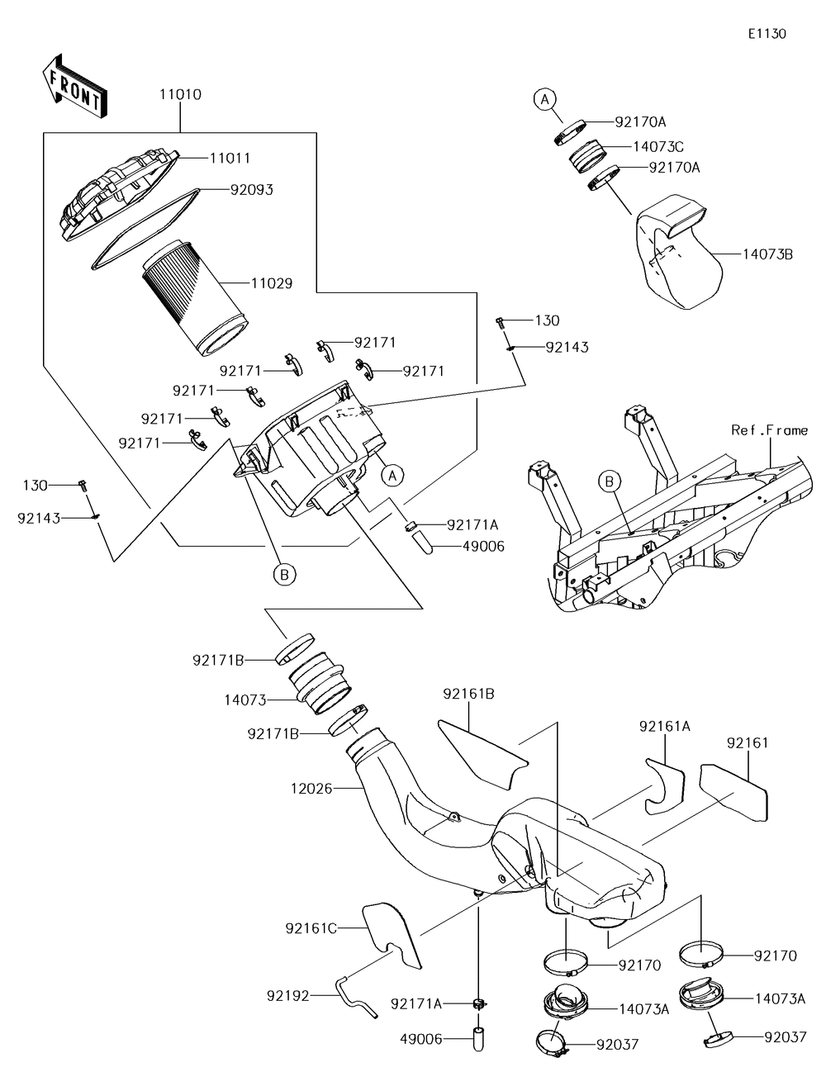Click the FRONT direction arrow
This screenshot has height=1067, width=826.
click(x=74, y=86)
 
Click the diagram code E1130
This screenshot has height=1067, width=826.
click(x=767, y=34)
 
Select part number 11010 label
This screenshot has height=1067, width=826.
click(x=180, y=95)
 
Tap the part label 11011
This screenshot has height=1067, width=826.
click(x=230, y=158)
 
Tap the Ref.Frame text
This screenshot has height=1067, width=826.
click(x=769, y=430)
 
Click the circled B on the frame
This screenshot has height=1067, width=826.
click(x=610, y=481)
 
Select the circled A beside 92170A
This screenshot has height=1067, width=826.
click(x=543, y=100)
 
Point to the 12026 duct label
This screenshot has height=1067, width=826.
click(x=311, y=789)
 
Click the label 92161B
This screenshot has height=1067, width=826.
click(x=468, y=694)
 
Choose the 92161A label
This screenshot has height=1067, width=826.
click(x=664, y=726)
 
